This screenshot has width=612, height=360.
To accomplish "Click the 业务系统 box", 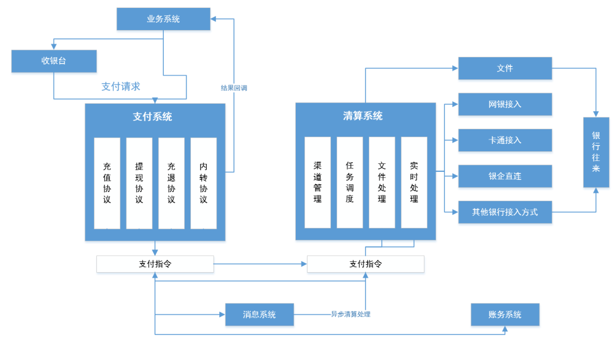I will (x=163, y=19).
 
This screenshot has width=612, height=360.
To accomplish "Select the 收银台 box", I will (x=54, y=61).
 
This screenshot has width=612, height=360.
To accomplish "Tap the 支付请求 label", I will (x=121, y=87).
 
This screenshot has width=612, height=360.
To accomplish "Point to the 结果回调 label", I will (x=233, y=88).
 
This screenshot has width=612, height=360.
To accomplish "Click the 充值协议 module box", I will (x=107, y=183).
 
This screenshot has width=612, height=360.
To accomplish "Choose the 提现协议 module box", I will (x=139, y=183).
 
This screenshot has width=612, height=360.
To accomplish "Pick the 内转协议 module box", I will (x=203, y=183).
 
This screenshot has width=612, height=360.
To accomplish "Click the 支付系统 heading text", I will (x=152, y=117).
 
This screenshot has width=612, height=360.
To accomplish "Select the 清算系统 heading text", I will (x=363, y=116).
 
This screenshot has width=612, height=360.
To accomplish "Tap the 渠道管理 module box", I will (x=317, y=183).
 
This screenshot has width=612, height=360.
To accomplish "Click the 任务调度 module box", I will (x=350, y=183).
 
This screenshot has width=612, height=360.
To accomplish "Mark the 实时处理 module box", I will (x=414, y=183).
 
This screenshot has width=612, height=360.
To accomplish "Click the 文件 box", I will (x=505, y=68).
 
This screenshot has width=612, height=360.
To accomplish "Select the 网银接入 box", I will (x=505, y=104).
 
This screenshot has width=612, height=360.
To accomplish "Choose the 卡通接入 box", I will (x=505, y=140).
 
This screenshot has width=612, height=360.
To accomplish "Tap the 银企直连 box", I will (x=505, y=176).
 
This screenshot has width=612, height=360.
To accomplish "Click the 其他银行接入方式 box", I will (x=505, y=213).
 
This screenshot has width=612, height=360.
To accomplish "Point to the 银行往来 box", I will (x=596, y=152).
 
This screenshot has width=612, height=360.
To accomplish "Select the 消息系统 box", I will (x=260, y=315).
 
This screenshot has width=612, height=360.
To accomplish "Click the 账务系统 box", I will (x=505, y=315).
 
